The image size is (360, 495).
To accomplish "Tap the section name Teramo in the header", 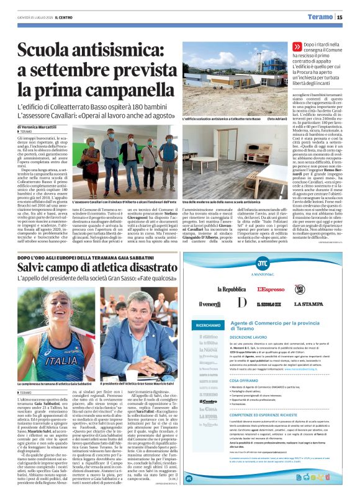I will pos(320,17).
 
